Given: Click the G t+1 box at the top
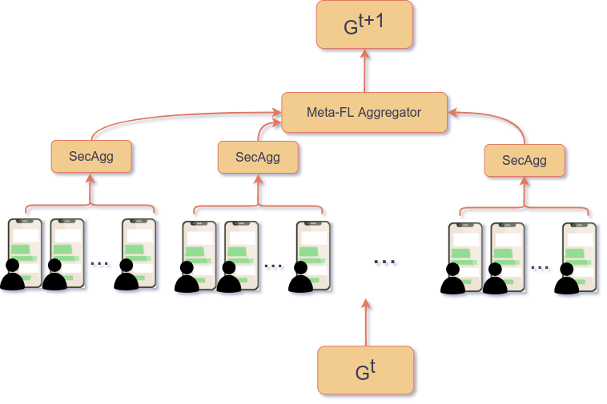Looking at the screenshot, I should pos(364,25).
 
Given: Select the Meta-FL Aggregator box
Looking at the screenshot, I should pos(364,113).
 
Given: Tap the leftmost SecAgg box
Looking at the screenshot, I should pos(91,157).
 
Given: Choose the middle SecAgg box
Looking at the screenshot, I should pos(258,157).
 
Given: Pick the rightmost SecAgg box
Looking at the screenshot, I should pos(525,161).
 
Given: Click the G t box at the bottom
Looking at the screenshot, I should pos(366,370).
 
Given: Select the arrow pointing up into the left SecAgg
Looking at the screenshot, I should pos(92,190).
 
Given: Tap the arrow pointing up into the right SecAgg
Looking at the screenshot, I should pos(525,194).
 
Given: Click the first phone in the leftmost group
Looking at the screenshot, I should pos(25,252).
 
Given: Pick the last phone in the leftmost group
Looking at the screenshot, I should pos(138,252).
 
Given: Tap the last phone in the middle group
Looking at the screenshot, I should pos(312,254).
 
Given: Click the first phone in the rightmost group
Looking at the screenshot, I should pos(465,256).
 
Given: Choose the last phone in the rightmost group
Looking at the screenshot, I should pos(578,256).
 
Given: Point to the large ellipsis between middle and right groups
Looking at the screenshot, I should pos(386,262).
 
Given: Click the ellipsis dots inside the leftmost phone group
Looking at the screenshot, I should pos(101,266).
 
